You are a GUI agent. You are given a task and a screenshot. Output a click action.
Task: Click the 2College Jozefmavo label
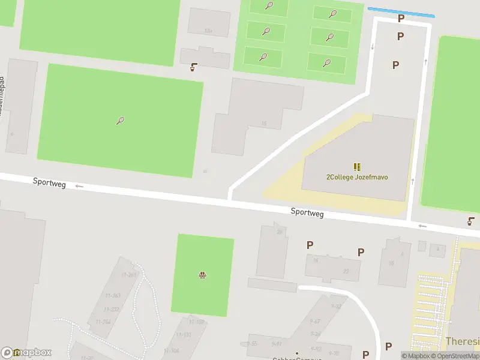[358, 177]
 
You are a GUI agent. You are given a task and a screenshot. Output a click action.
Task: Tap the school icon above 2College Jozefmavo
[358, 167]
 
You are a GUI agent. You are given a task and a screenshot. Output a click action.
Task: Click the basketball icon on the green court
[203, 275]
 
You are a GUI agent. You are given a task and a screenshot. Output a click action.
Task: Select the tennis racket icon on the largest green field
[120, 121]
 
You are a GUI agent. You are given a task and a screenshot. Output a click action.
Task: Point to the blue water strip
[400, 12]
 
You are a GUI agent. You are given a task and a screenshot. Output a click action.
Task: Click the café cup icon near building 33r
[193, 68]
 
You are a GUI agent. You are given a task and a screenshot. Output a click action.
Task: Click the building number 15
[264, 124]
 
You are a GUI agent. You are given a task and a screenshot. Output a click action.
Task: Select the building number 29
[279, 232]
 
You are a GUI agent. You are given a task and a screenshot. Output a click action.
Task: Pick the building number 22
[346, 271]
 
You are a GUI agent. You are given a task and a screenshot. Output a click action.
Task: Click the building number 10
[391, 263]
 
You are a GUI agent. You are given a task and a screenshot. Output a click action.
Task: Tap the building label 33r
[208, 31]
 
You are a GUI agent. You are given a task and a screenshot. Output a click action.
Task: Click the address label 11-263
[129, 275]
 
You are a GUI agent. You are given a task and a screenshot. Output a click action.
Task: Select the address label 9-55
[252, 344]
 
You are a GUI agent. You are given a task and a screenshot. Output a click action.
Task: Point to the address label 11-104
[171, 351]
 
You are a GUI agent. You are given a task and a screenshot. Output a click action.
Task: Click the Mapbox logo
[27, 353]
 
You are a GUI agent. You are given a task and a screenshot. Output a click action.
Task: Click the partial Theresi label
[463, 341]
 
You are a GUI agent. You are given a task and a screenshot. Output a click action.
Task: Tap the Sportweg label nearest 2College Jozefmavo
[307, 212]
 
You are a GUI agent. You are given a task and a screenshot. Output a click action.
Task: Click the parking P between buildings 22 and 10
[361, 253]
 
